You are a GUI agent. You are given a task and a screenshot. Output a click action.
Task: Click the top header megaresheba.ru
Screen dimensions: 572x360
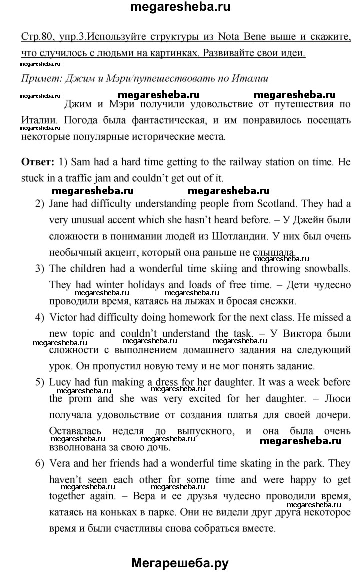(x=180, y=7)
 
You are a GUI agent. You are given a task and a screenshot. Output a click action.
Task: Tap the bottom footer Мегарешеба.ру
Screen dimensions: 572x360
(x=180, y=563)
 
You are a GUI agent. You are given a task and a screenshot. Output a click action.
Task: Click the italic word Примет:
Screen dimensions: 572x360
(x=42, y=78)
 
